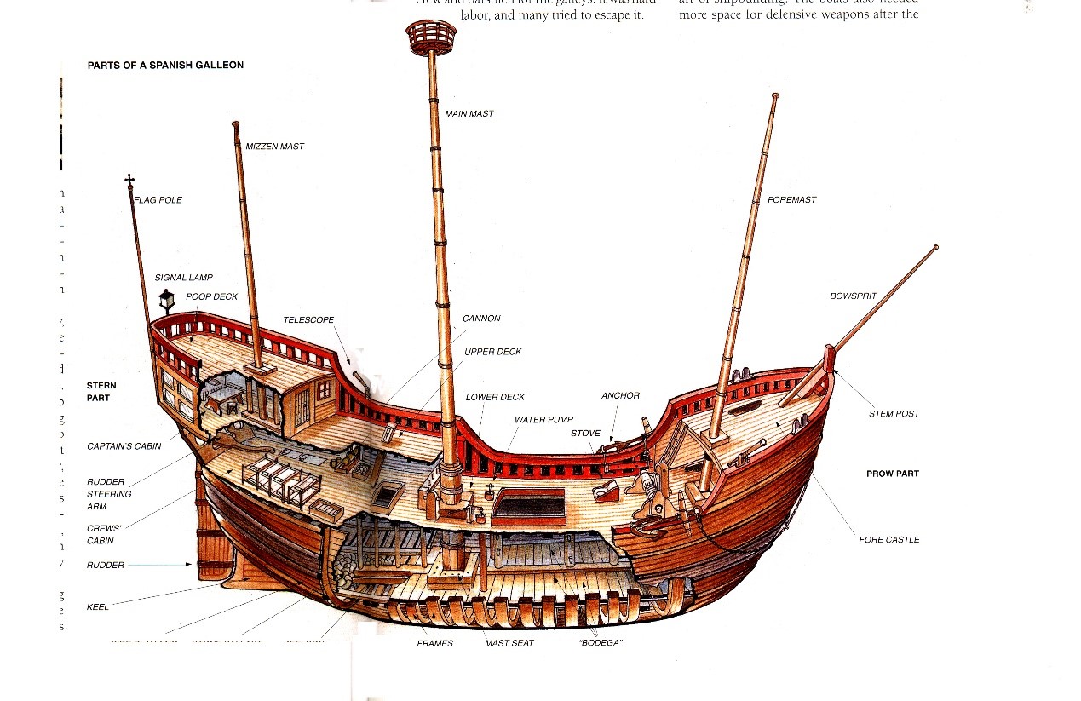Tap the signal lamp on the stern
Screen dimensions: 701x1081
click(166, 300)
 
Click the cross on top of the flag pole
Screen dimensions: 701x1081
click(129, 180)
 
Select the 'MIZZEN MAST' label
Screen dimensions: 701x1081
click(274, 147)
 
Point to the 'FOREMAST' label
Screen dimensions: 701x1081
click(791, 200)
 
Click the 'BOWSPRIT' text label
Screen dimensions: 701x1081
click(853, 296)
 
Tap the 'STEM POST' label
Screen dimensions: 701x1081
click(894, 414)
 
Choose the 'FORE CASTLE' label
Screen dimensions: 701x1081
click(888, 539)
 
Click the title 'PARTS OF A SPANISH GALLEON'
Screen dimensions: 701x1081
click(165, 66)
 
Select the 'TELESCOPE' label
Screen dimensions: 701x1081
click(308, 320)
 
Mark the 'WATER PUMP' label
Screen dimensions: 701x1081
click(543, 420)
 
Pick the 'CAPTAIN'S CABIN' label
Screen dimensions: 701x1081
click(124, 446)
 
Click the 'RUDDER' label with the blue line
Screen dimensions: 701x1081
click(106, 565)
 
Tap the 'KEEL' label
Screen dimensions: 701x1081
click(97, 607)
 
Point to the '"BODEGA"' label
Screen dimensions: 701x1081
click(600, 643)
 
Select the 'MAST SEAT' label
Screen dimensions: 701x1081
click(509, 643)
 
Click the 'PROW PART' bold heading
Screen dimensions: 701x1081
click(893, 474)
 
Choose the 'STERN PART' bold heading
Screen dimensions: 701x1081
click(101, 392)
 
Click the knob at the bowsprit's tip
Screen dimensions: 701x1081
click(935, 248)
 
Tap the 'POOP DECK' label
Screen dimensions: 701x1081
click(211, 297)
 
